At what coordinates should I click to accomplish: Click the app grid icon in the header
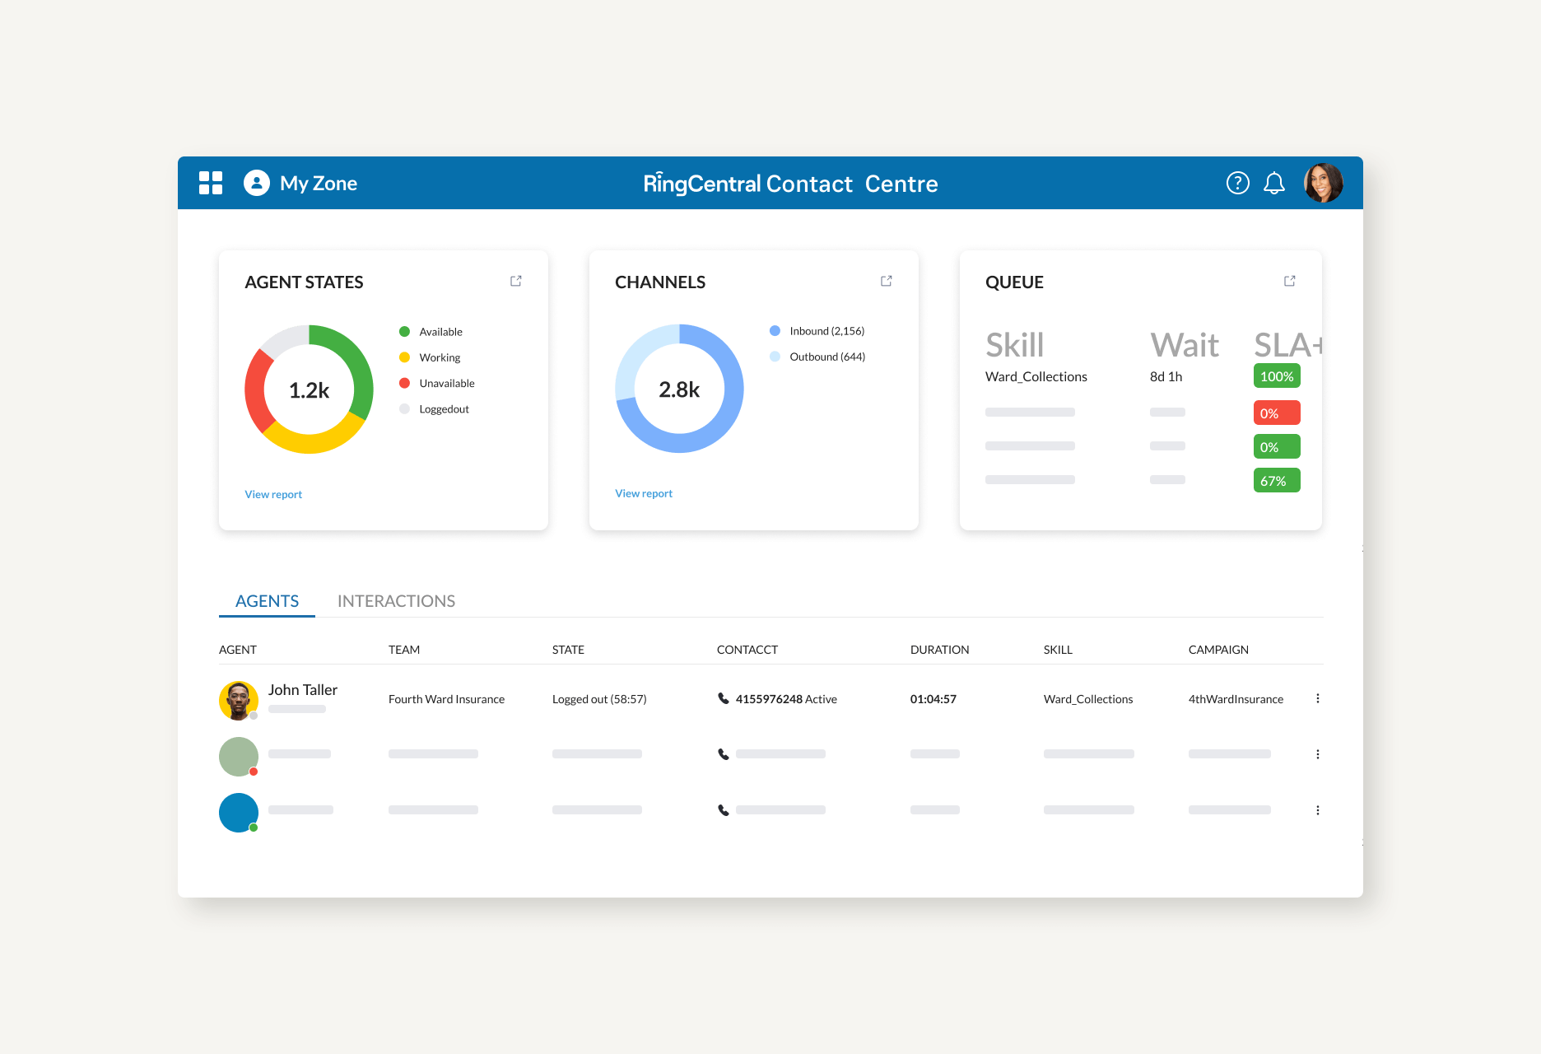pyautogui.click(x=211, y=183)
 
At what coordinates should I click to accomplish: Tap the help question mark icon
pyautogui.click(x=1237, y=183)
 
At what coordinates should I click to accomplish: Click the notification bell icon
pyautogui.click(x=1273, y=183)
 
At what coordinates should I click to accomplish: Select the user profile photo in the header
pyautogui.click(x=1323, y=183)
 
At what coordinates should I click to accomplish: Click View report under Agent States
pyautogui.click(x=273, y=494)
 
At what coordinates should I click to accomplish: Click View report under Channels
pyautogui.click(x=644, y=493)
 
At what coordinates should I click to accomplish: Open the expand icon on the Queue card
pyautogui.click(x=1289, y=281)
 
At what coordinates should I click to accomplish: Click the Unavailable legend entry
pyautogui.click(x=446, y=383)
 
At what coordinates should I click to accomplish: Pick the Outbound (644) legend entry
pyautogui.click(x=826, y=357)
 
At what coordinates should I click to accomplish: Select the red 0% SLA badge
pyautogui.click(x=1276, y=413)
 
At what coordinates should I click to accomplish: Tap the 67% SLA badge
pyautogui.click(x=1276, y=481)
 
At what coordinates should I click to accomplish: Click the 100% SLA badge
pyautogui.click(x=1276, y=376)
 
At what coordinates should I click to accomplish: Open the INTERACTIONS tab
pyautogui.click(x=396, y=601)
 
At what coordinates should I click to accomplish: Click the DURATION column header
pyautogui.click(x=939, y=650)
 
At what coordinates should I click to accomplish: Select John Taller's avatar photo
pyautogui.click(x=239, y=700)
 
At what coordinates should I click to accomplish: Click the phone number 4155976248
pyautogui.click(x=769, y=699)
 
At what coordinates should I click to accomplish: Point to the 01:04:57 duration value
pyautogui.click(x=933, y=699)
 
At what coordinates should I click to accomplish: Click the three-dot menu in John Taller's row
pyautogui.click(x=1317, y=698)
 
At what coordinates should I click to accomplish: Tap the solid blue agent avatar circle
pyautogui.click(x=239, y=812)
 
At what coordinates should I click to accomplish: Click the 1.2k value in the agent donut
pyautogui.click(x=309, y=390)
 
